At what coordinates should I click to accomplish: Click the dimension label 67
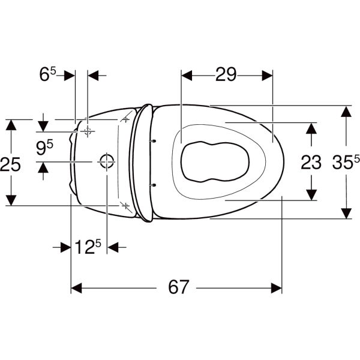click(178, 287)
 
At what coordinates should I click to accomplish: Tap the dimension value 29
click(226, 74)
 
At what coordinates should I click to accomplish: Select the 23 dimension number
click(311, 163)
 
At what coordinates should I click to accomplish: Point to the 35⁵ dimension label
click(346, 162)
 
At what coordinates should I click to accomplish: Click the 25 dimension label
click(10, 164)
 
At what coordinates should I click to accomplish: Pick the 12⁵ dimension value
click(88, 247)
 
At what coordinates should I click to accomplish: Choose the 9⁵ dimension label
click(44, 148)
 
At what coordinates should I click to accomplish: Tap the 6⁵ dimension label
click(47, 74)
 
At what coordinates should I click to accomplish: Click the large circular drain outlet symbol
click(107, 162)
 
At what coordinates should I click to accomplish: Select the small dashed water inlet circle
click(88, 131)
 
